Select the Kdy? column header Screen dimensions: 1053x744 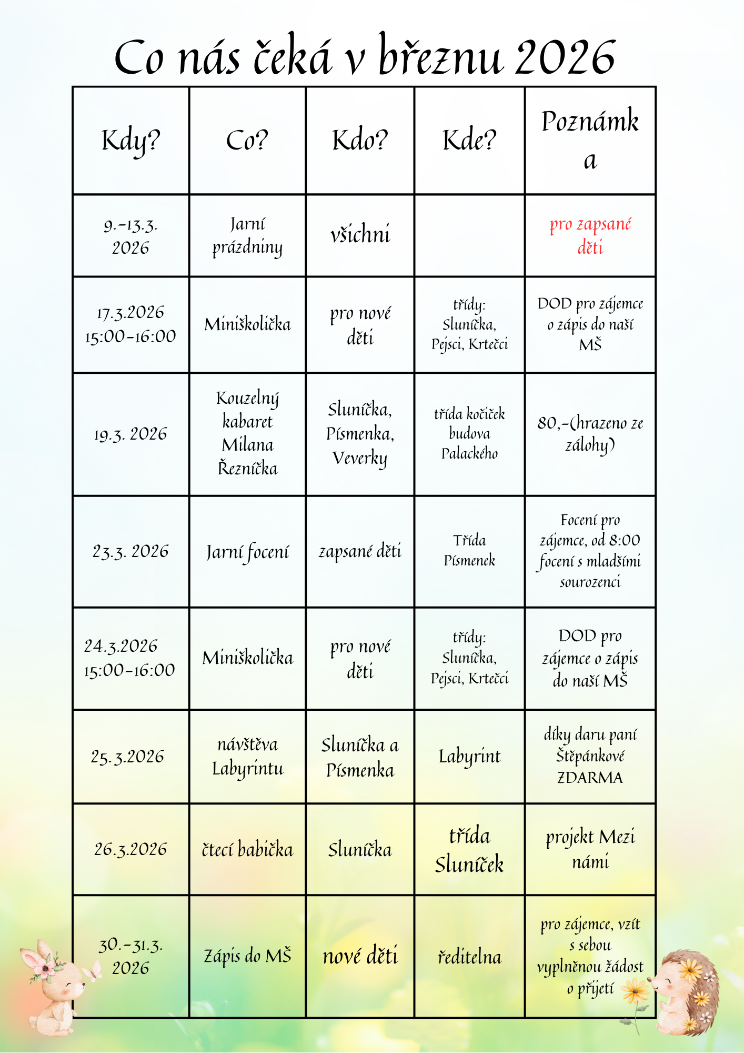pos(130,141)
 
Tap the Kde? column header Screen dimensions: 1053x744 pos(469,141)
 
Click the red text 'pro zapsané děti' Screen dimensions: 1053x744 pos(590,235)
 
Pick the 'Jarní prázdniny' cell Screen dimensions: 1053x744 pos(247,235)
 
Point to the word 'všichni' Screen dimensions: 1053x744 pos(360,234)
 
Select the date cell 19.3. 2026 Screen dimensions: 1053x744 pos(130,434)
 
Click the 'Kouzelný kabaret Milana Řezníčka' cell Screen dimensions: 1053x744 pos(247,433)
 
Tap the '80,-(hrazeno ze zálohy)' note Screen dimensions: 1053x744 pos(590,433)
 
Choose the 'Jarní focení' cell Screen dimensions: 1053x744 pos(247,552)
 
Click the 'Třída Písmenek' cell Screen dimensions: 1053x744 pos(469,550)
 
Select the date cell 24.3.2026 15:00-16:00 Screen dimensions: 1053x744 pos(130,658)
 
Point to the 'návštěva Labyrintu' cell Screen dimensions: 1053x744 pos(247,757)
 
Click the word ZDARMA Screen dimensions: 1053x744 pos(590,778)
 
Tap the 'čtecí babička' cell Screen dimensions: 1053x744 pos(247,849)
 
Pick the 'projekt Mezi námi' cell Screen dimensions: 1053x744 pos(590,849)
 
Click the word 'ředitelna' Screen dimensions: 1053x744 pos(469,957)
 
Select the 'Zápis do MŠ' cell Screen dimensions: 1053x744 pos(247,956)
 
